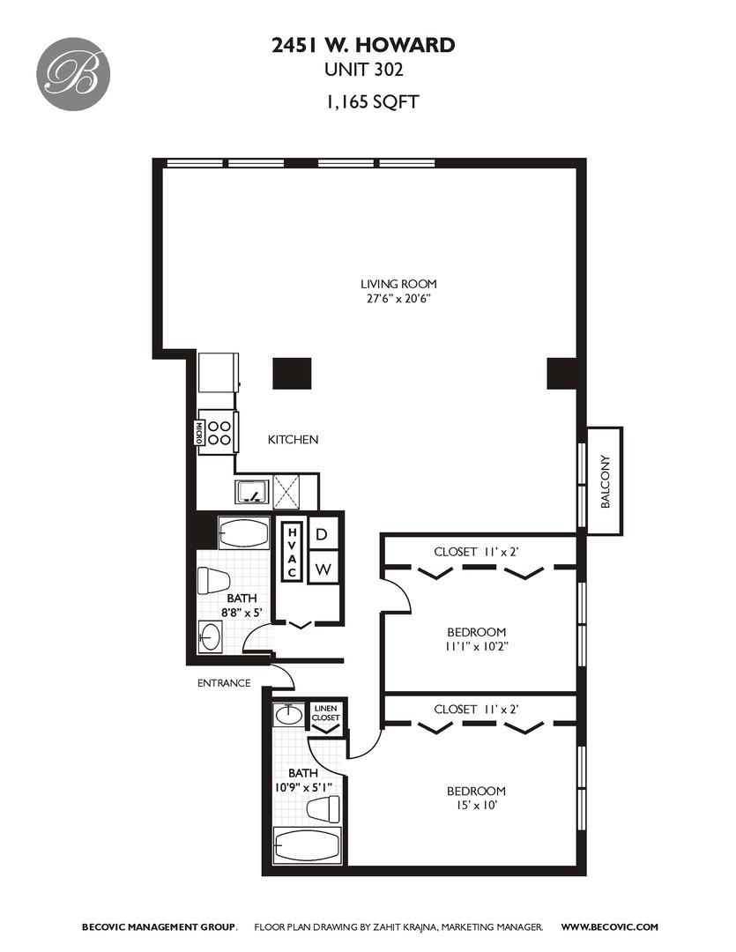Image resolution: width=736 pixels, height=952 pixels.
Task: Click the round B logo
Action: click(73, 74)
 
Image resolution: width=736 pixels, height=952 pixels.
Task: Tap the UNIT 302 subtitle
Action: click(364, 70)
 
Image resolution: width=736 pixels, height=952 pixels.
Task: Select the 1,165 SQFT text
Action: click(372, 101)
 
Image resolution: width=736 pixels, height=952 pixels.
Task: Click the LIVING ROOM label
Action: click(398, 284)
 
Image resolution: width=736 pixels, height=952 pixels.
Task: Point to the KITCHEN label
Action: click(293, 439)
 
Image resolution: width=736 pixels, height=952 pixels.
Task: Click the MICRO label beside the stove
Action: click(198, 433)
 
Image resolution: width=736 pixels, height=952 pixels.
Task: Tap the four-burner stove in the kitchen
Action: click(219, 433)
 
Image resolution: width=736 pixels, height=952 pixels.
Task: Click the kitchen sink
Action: click(252, 492)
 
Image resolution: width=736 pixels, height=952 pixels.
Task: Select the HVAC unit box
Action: click(292, 551)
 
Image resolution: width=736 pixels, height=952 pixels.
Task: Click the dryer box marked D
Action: click(323, 533)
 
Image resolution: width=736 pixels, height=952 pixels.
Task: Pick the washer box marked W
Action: click(323, 568)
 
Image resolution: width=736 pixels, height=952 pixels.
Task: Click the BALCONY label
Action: click(605, 481)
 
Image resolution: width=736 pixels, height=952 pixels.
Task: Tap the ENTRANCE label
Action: click(224, 683)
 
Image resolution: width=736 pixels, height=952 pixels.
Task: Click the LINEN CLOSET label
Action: click(325, 713)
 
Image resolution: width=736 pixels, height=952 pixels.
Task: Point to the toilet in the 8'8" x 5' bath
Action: click(213, 581)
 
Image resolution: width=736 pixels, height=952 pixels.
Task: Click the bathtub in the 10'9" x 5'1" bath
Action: click(308, 844)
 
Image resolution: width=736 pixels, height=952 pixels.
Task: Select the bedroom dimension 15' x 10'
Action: click(476, 805)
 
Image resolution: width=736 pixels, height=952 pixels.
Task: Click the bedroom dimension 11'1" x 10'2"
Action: click(476, 646)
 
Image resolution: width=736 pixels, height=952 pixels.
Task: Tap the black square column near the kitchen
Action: click(292, 374)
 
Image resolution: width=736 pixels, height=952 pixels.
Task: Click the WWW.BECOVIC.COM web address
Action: click(609, 926)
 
